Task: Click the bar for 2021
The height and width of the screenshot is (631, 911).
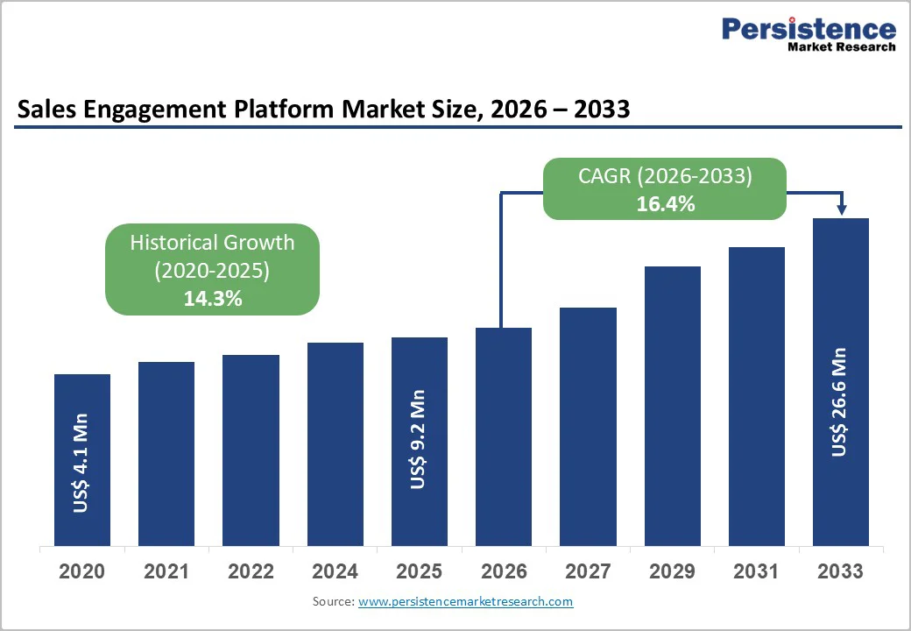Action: [x=166, y=453]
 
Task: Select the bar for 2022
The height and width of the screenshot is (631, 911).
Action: [x=251, y=450]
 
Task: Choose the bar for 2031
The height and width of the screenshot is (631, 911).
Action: [x=757, y=395]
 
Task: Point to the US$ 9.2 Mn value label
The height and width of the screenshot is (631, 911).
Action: [x=419, y=440]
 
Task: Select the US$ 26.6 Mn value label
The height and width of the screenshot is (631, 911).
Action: [x=840, y=402]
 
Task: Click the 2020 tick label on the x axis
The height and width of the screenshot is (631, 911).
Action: [x=81, y=572]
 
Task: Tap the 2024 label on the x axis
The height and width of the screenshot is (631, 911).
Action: [x=335, y=572]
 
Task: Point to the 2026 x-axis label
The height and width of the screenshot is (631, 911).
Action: [x=504, y=572]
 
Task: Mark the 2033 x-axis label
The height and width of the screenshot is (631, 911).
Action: [x=840, y=572]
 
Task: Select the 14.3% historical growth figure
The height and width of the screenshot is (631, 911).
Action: [x=212, y=298]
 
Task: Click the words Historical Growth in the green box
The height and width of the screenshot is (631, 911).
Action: [x=212, y=243]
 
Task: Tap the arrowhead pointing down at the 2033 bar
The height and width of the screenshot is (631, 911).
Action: [x=841, y=209]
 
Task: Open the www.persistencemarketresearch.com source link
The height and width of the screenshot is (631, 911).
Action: [x=465, y=601]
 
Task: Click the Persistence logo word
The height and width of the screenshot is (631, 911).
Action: [x=809, y=29]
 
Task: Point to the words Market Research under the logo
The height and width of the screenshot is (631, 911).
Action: [x=840, y=47]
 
